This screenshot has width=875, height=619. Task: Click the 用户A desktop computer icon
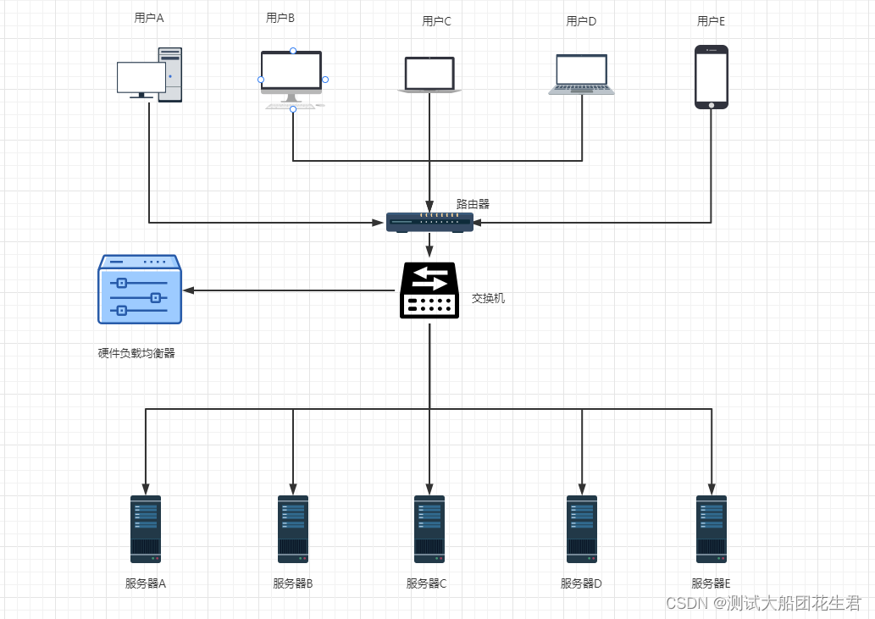pyautogui.click(x=150, y=75)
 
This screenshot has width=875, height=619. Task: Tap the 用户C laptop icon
pyautogui.click(x=429, y=75)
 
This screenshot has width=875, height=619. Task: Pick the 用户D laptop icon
pyautogui.click(x=581, y=75)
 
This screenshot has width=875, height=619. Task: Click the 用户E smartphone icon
pyautogui.click(x=712, y=77)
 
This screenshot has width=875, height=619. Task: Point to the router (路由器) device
pyautogui.click(x=429, y=223)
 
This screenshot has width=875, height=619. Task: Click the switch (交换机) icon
pyautogui.click(x=429, y=290)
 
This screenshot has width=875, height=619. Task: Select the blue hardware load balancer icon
pyautogui.click(x=140, y=290)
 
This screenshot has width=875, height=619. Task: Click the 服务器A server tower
pyautogui.click(x=146, y=529)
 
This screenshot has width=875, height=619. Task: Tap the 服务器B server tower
pyautogui.click(x=293, y=529)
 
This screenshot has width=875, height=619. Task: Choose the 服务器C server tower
pyautogui.click(x=429, y=529)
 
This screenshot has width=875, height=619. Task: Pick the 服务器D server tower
pyautogui.click(x=582, y=529)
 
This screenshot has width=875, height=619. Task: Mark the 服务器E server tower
pyautogui.click(x=712, y=529)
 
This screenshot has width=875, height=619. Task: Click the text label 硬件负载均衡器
pyautogui.click(x=136, y=353)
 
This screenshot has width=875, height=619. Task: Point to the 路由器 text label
pyautogui.click(x=473, y=204)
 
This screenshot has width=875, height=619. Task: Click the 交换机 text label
pyautogui.click(x=488, y=298)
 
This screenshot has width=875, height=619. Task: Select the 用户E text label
pyautogui.click(x=711, y=21)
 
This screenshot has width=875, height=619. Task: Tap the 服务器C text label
pyautogui.click(x=426, y=583)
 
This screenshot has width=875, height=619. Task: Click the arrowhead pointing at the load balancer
pyautogui.click(x=189, y=290)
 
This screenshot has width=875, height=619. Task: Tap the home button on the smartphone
pyautogui.click(x=712, y=105)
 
